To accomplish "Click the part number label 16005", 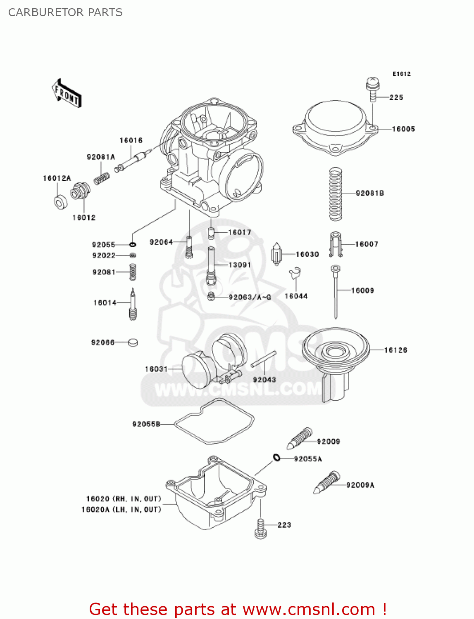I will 403,129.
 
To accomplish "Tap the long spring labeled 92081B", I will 335,194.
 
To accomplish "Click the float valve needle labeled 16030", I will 276,254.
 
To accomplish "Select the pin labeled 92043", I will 263,359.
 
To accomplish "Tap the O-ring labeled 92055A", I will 276,457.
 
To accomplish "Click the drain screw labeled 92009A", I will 326,483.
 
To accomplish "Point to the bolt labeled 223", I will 260,528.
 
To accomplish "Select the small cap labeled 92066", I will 133,342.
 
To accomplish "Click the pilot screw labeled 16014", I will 133,305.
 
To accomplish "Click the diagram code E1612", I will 401,74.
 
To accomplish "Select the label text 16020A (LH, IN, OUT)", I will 121,510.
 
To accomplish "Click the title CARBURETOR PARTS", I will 65,12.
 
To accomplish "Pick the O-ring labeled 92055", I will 133,245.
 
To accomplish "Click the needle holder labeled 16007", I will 336,244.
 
